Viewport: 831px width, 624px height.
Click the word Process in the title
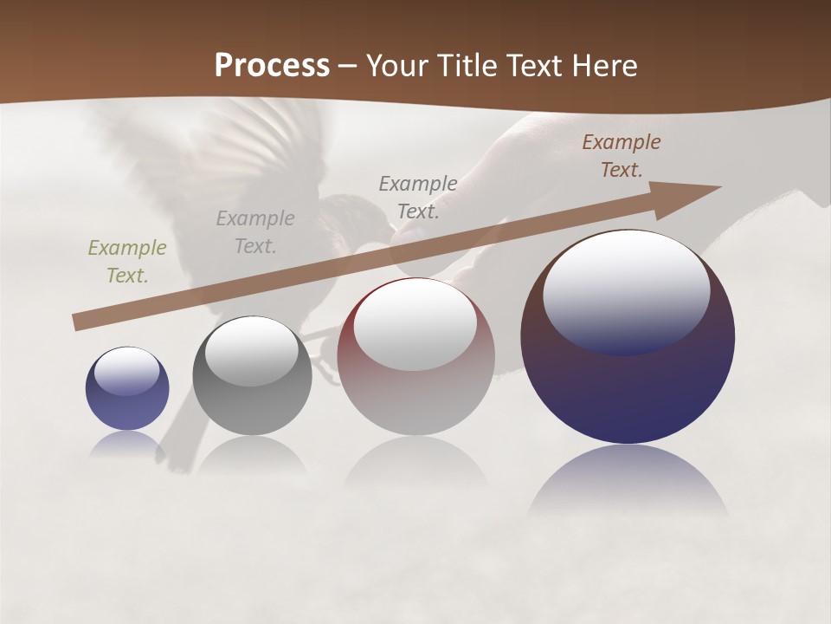click(x=272, y=66)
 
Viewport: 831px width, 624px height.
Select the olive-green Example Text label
click(x=127, y=261)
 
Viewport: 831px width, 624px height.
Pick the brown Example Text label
click(x=622, y=156)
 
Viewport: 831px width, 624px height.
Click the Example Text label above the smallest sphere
click(x=127, y=261)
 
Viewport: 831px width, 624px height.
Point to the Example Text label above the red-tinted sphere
click(x=418, y=197)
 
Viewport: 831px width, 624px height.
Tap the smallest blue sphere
click(x=127, y=403)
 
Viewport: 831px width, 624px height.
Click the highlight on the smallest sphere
click(x=126, y=371)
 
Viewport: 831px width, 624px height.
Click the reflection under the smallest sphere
click(x=126, y=444)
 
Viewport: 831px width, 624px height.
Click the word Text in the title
click(x=535, y=66)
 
